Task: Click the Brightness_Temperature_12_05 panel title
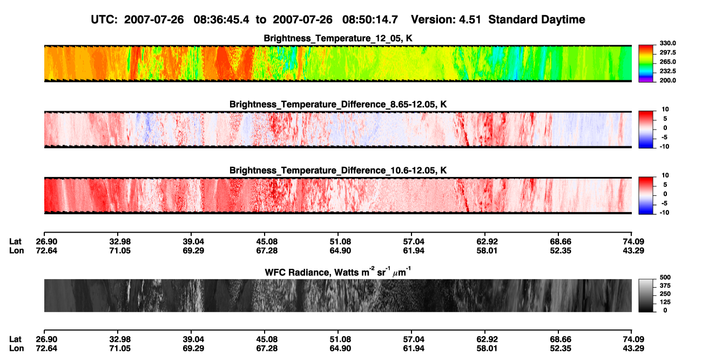pos(338,38)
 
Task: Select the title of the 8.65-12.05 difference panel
pos(338,104)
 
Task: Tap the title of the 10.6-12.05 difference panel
pos(338,171)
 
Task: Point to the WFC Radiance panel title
pos(338,272)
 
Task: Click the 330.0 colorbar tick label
pos(667,43)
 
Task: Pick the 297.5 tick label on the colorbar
pos(667,53)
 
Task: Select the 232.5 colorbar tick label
pos(667,71)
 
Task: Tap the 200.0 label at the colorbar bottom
pos(667,80)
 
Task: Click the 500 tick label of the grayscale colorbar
pos(665,277)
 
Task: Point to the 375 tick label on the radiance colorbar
pos(665,286)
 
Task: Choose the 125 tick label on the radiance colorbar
pos(665,302)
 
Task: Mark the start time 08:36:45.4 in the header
pos(221,20)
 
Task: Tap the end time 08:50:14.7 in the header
pos(370,20)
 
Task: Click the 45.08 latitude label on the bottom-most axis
pos(267,339)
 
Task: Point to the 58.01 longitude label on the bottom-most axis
pos(487,349)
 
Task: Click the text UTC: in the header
pos(104,20)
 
